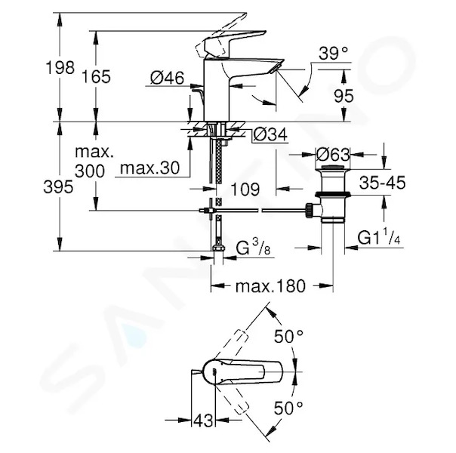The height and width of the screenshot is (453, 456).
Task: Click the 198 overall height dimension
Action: pyautogui.click(x=60, y=67)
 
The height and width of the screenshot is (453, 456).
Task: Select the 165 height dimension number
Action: pyautogui.click(x=96, y=77)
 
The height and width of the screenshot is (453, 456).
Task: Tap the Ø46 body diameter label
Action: pyautogui.click(x=167, y=78)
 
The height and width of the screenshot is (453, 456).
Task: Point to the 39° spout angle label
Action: pyautogui.click(x=333, y=53)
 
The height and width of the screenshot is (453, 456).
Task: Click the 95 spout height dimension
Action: pyautogui.click(x=344, y=96)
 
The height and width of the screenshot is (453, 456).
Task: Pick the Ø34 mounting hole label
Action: pyautogui.click(x=270, y=134)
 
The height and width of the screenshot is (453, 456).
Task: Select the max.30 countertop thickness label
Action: pyautogui.click(x=149, y=168)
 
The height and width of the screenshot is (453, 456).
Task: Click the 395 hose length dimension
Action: pyautogui.click(x=58, y=186)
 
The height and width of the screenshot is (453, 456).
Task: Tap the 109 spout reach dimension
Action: pyautogui.click(x=245, y=190)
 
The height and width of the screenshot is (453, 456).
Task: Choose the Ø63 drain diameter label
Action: pyautogui.click(x=333, y=154)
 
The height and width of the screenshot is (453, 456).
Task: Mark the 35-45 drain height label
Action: pyautogui.click(x=382, y=183)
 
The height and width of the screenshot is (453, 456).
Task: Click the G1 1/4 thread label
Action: pyautogui.click(x=379, y=236)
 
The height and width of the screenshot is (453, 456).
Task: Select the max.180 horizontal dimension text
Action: pyautogui.click(x=270, y=286)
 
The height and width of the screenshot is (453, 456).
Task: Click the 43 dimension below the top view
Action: pyautogui.click(x=203, y=420)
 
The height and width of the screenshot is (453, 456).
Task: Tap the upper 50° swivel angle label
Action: pyautogui.click(x=288, y=337)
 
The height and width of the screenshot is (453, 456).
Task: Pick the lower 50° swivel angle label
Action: pyautogui.click(x=288, y=408)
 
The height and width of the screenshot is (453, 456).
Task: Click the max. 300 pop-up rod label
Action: pyautogui.click(x=94, y=162)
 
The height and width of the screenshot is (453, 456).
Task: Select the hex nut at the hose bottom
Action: pyautogui.click(x=217, y=248)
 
